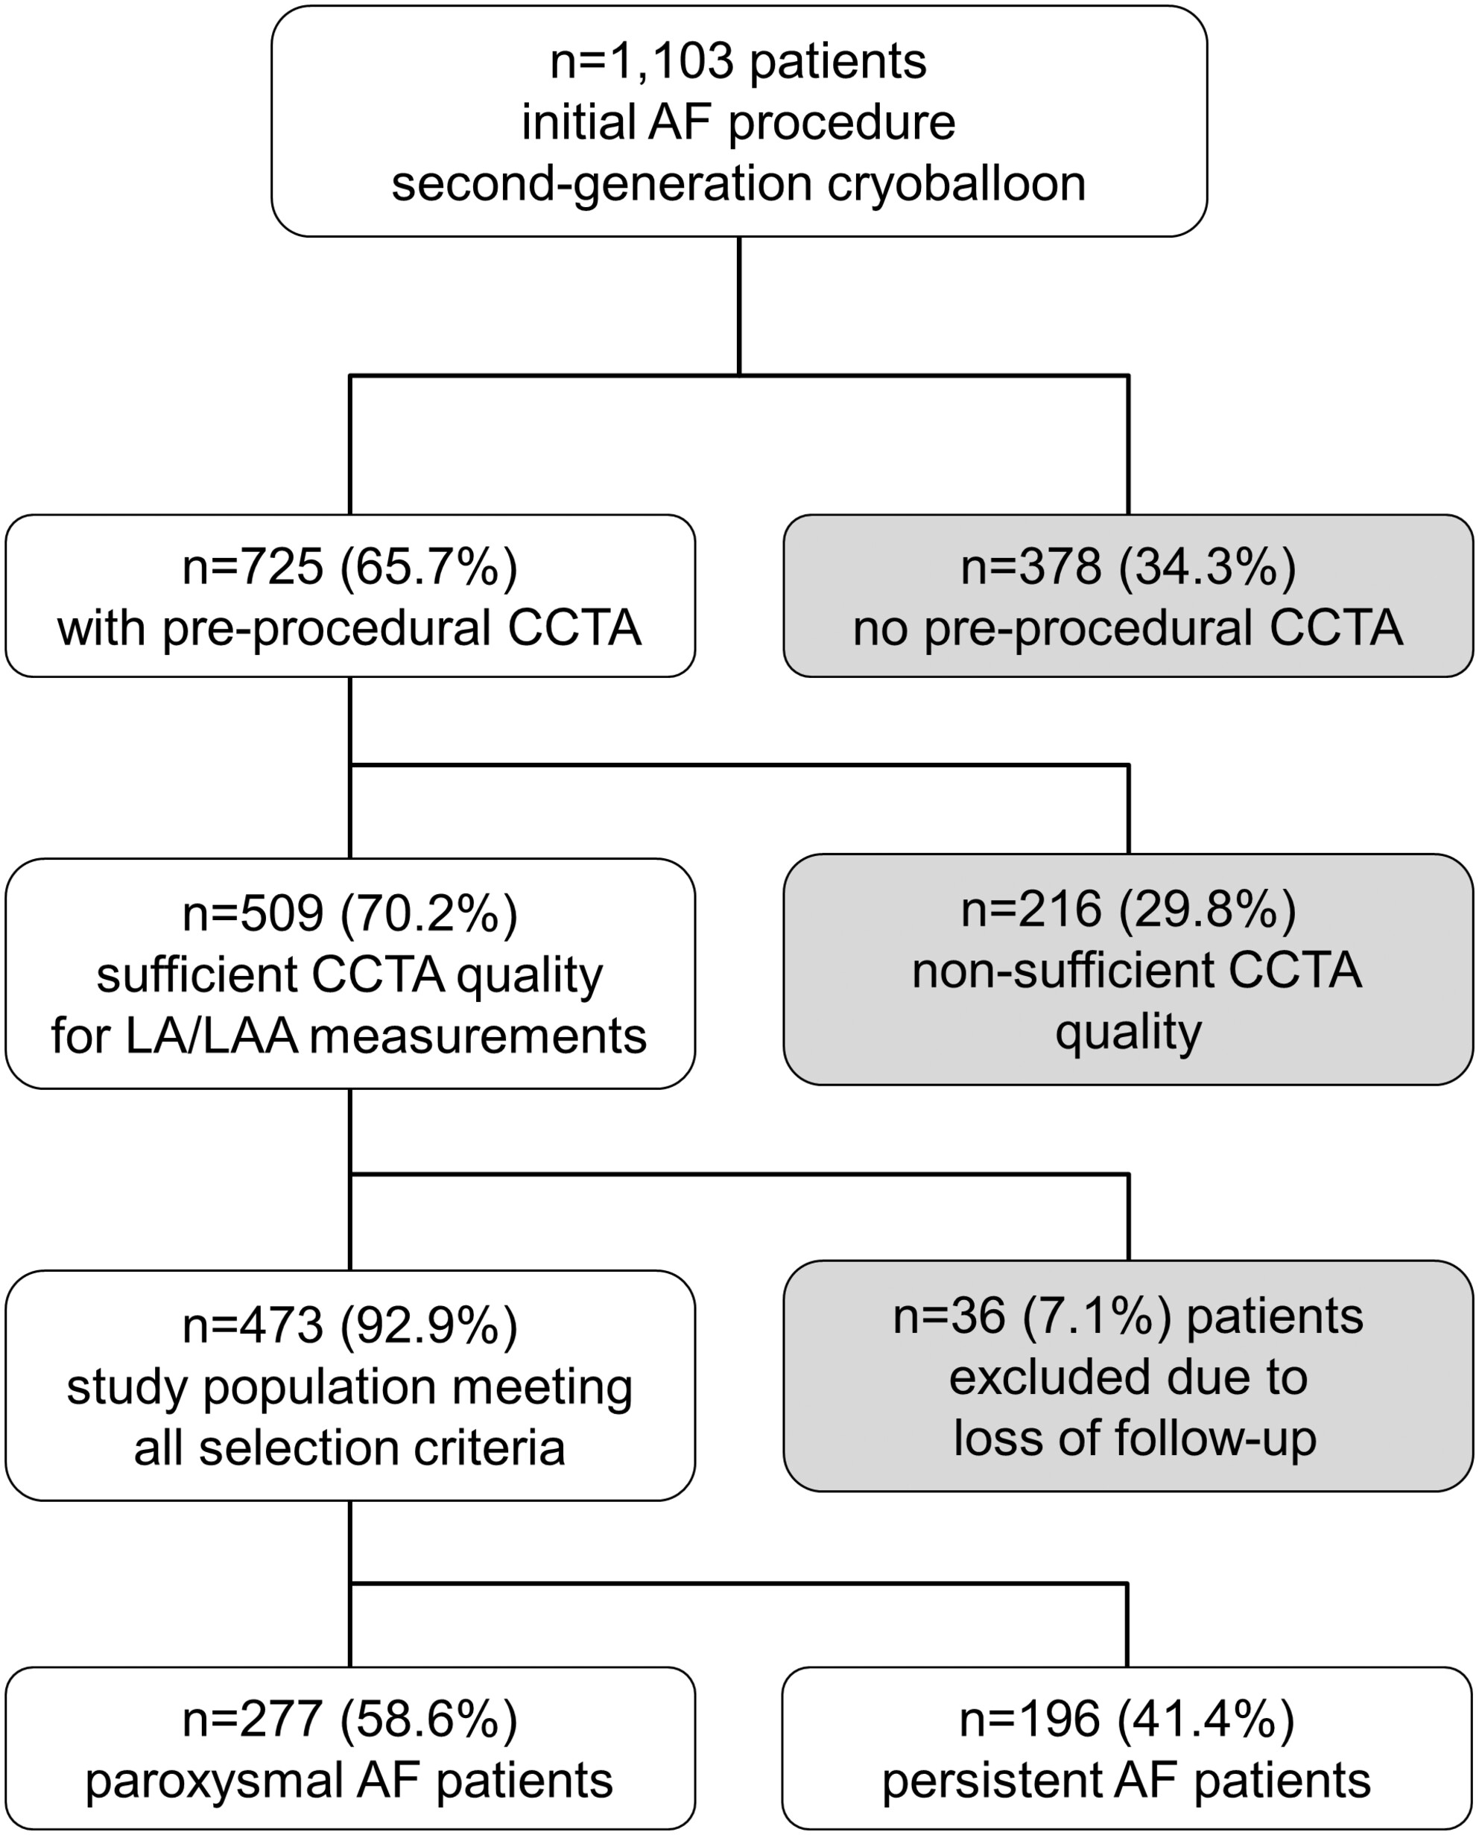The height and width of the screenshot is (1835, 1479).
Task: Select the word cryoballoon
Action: point(957,184)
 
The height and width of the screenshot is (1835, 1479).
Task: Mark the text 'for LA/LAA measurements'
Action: point(349,1037)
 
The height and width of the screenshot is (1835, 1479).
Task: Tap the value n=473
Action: point(254,1325)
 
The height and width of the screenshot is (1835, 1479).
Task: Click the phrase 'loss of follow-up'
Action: point(1135,1439)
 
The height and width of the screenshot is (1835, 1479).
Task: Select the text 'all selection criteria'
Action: point(349,1448)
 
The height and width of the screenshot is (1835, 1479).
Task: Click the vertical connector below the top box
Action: point(738,305)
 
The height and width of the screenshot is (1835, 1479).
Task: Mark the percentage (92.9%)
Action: point(428,1325)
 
